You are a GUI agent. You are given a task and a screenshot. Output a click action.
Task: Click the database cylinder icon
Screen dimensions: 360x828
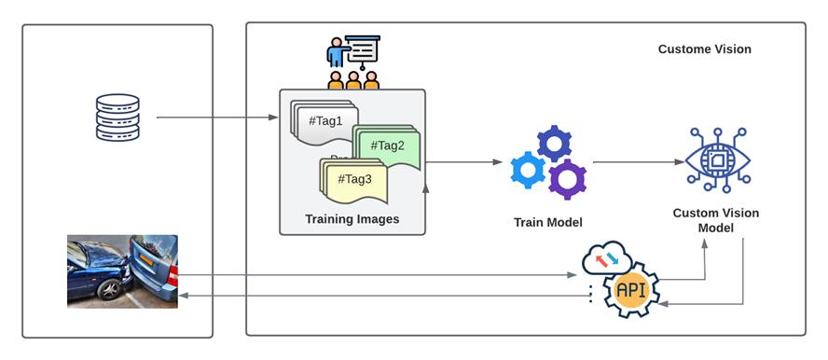(117, 118)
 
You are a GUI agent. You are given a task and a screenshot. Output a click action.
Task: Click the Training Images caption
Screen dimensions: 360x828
(352, 219)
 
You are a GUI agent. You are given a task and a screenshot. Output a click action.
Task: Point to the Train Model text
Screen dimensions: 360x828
(547, 222)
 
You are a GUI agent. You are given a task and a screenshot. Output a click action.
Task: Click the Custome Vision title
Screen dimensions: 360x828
(704, 49)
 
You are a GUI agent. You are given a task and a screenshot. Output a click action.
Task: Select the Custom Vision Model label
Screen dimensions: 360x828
(715, 220)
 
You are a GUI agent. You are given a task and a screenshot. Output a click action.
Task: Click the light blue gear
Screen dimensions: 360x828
(527, 171)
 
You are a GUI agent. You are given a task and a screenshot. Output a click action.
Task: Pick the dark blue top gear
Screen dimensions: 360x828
(555, 144)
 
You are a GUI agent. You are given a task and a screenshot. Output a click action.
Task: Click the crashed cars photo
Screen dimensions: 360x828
(122, 270)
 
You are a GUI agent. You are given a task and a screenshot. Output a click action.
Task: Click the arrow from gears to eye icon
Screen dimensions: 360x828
(634, 162)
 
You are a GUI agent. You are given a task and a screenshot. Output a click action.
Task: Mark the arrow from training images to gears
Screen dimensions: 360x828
(462, 162)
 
